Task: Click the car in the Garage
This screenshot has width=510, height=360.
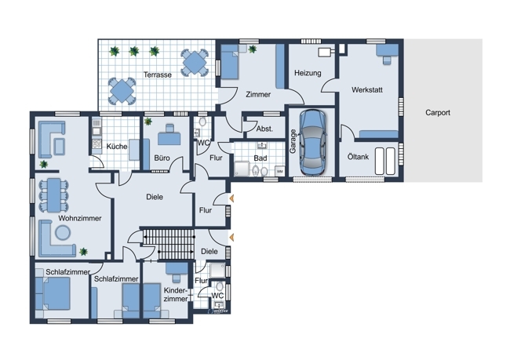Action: pos(312,143)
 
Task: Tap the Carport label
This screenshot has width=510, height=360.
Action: pos(438,113)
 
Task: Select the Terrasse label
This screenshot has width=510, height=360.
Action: pos(158,75)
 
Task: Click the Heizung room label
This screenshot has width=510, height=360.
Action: pos(308,73)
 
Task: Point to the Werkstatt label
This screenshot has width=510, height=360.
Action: pos(367,89)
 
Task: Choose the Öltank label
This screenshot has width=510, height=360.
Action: pos(358,157)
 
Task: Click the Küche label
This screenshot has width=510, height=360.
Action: pos(117,147)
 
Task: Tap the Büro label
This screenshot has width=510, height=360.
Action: pos(162,158)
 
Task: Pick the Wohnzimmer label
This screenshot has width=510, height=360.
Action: pos(80,218)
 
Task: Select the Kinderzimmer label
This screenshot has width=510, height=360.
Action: pos(176,295)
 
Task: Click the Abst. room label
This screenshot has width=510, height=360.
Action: pos(264,129)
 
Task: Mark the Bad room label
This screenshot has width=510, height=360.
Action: pos(260,158)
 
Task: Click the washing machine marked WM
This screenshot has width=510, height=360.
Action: pos(280,172)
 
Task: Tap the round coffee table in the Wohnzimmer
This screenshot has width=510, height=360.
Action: pos(63,233)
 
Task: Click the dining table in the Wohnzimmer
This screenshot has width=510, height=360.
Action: pos(54,195)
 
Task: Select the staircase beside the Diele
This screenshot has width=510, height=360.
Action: pos(169,244)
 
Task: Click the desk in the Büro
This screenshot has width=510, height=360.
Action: pos(169,138)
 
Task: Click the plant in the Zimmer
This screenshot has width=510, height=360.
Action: pos(253,49)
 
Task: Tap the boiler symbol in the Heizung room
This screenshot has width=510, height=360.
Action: pos(326,52)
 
